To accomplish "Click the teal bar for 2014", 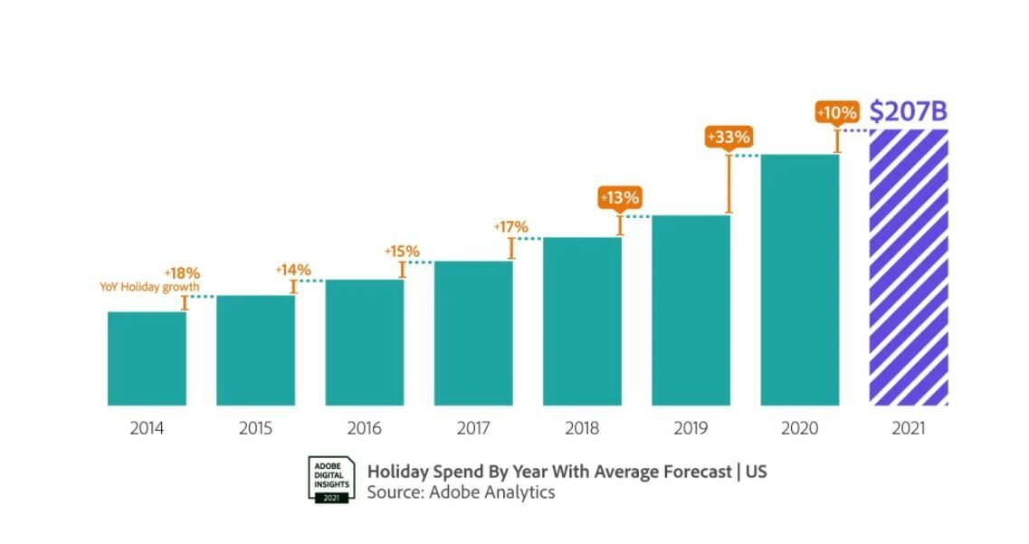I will tap(147, 358).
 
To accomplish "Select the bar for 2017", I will tap(473, 333).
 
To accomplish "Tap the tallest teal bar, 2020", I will tap(800, 280).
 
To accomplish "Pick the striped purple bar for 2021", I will tap(909, 267).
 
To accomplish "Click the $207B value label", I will tap(908, 111).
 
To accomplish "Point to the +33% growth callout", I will tap(728, 138).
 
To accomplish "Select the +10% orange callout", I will tap(836, 113).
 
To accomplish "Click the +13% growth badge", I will tap(620, 197).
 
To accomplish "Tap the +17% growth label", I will tap(510, 227).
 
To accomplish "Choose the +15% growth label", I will tap(402, 251).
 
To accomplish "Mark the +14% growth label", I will tap(292, 270).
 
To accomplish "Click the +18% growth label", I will tap(182, 272).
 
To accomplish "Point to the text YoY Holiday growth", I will tap(149, 287).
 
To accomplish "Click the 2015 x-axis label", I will tap(255, 429).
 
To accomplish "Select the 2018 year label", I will tap(582, 429).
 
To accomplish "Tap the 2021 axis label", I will tap(909, 429).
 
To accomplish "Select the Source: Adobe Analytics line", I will tap(461, 492).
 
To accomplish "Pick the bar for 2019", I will tap(691, 310).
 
